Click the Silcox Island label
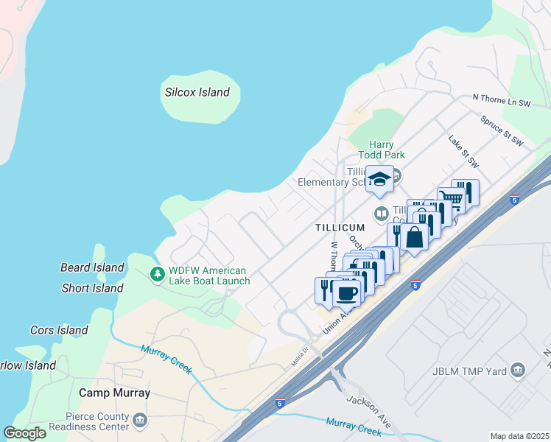click(x=197, y=93)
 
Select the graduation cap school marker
click(x=379, y=179)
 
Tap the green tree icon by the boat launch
click(x=157, y=274)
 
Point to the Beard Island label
click(x=93, y=267)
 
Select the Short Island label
click(x=93, y=288)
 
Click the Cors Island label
click(x=59, y=330)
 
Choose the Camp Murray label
click(x=114, y=393)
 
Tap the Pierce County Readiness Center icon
click(x=139, y=419)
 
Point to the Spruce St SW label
click(x=501, y=130)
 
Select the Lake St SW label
click(x=463, y=151)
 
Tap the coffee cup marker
click(x=347, y=292)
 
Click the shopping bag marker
click(x=415, y=237)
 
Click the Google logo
click(x=24, y=433)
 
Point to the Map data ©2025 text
click(x=519, y=436)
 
